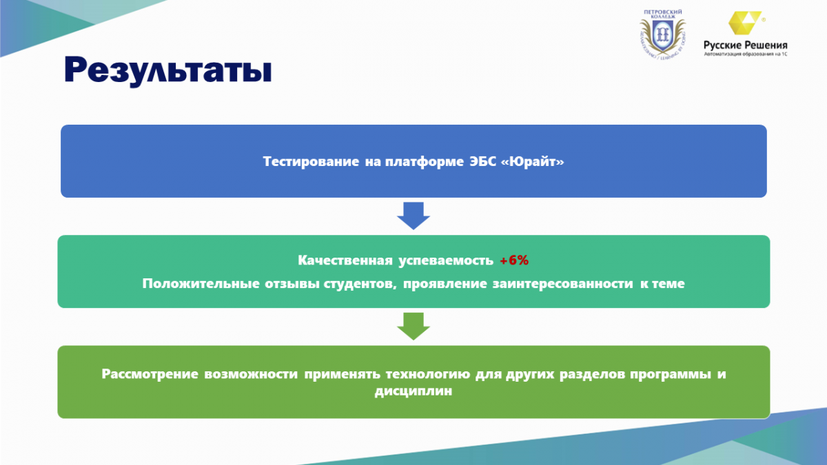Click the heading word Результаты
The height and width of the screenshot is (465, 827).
coord(168,70)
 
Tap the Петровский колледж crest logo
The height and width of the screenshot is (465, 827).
coord(663,34)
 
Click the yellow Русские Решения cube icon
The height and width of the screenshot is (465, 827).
coord(744,23)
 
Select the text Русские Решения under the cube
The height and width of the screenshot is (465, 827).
coord(746,45)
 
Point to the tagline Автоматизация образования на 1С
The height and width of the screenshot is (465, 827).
coord(746,54)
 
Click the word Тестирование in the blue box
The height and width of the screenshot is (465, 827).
coord(311,162)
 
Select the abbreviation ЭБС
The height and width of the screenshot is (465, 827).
coord(483,161)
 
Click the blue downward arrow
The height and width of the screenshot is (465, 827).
coord(413,216)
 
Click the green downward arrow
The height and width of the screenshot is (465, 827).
coord(413,327)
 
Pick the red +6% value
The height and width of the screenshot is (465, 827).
coord(514,260)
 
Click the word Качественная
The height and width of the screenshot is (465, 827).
coord(345,260)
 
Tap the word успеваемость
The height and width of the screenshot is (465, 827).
coord(446,261)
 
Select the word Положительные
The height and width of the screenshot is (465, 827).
coord(201,283)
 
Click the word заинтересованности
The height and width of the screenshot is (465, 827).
coord(562,284)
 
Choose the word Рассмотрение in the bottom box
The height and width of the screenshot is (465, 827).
coord(150,374)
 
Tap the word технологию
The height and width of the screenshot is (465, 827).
coord(428,374)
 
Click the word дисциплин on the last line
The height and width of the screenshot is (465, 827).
coord(413,391)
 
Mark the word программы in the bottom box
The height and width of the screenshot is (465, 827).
coord(671,374)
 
